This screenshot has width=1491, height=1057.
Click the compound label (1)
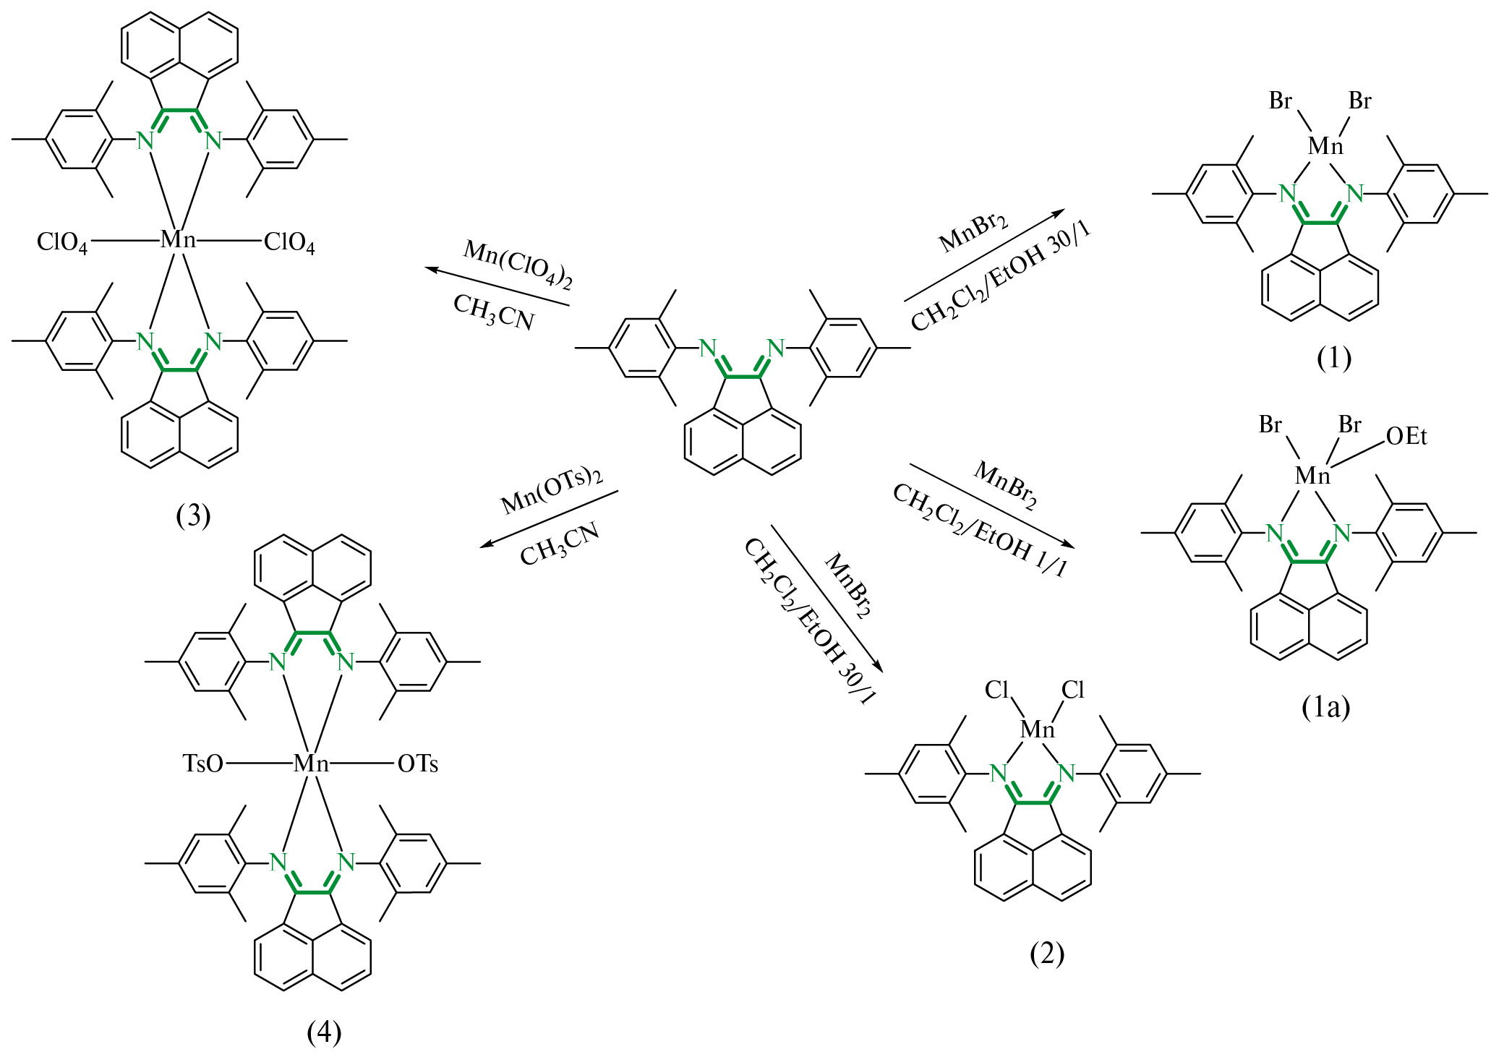(x=1333, y=358)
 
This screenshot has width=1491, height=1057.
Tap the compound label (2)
(x=1046, y=954)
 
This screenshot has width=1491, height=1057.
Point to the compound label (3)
(x=193, y=515)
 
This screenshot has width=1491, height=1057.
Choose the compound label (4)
(x=323, y=1032)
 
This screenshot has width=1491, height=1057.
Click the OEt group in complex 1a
(x=1406, y=437)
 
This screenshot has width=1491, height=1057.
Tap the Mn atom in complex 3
(x=178, y=240)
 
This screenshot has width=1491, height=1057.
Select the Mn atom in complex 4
(x=311, y=763)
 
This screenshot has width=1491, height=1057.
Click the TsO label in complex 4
(x=203, y=763)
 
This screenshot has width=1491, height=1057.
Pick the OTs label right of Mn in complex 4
(x=418, y=763)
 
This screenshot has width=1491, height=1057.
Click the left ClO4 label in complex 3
(x=62, y=242)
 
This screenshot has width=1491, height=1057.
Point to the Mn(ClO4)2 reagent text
(x=518, y=265)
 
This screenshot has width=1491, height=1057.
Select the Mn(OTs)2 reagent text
(x=552, y=492)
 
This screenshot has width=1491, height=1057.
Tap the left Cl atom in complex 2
(x=996, y=690)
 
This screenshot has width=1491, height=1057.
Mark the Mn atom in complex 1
(x=1325, y=147)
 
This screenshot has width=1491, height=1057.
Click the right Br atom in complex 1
(x=1359, y=101)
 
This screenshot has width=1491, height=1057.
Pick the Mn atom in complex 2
(x=1037, y=730)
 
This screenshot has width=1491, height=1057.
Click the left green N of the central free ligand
(x=708, y=348)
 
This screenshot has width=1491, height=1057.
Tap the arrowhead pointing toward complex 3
(x=430, y=269)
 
